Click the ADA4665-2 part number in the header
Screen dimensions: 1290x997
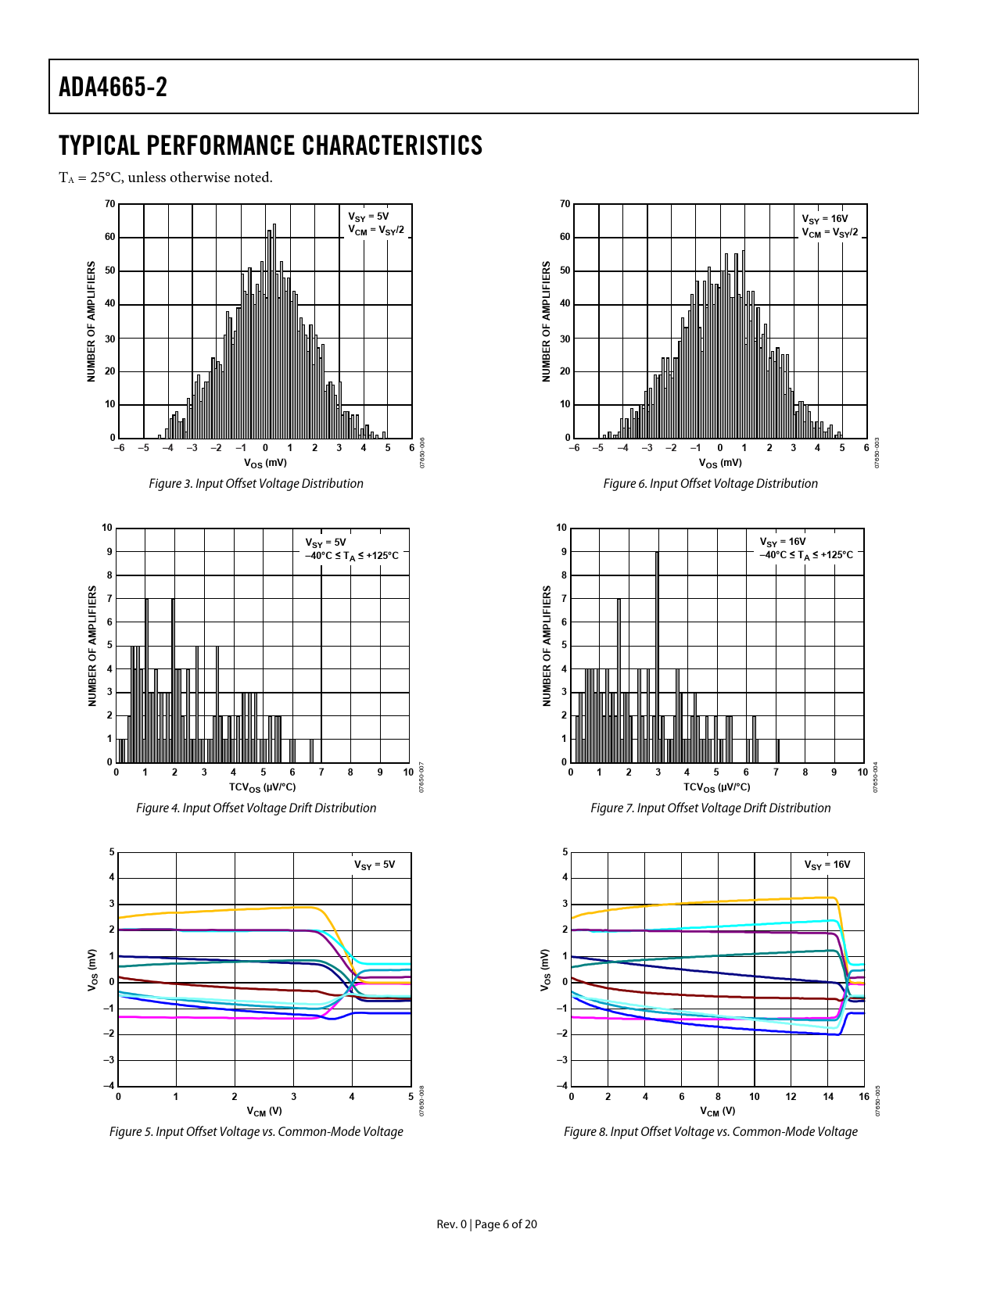[113, 87]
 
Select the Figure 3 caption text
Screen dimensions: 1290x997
[256, 483]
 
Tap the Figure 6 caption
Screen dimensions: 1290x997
[710, 483]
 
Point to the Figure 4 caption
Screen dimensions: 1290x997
[256, 808]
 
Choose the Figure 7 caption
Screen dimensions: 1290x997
[710, 808]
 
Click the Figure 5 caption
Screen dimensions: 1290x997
[256, 1131]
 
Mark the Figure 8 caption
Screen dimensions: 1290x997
[710, 1131]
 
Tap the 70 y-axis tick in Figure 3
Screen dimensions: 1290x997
[110, 204]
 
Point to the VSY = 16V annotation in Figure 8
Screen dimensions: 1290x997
[827, 865]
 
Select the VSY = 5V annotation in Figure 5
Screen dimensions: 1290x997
[375, 865]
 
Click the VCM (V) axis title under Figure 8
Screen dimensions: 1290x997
[717, 1111]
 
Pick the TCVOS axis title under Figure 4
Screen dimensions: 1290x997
[262, 787]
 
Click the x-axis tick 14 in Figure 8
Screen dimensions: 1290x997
[828, 1096]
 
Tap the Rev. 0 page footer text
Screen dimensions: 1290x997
[486, 1224]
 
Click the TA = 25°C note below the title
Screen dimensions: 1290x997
[166, 177]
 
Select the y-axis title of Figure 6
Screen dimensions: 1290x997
[547, 321]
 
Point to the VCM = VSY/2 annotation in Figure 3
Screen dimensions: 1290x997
[376, 230]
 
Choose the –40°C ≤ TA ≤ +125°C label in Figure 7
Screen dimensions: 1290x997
[806, 555]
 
